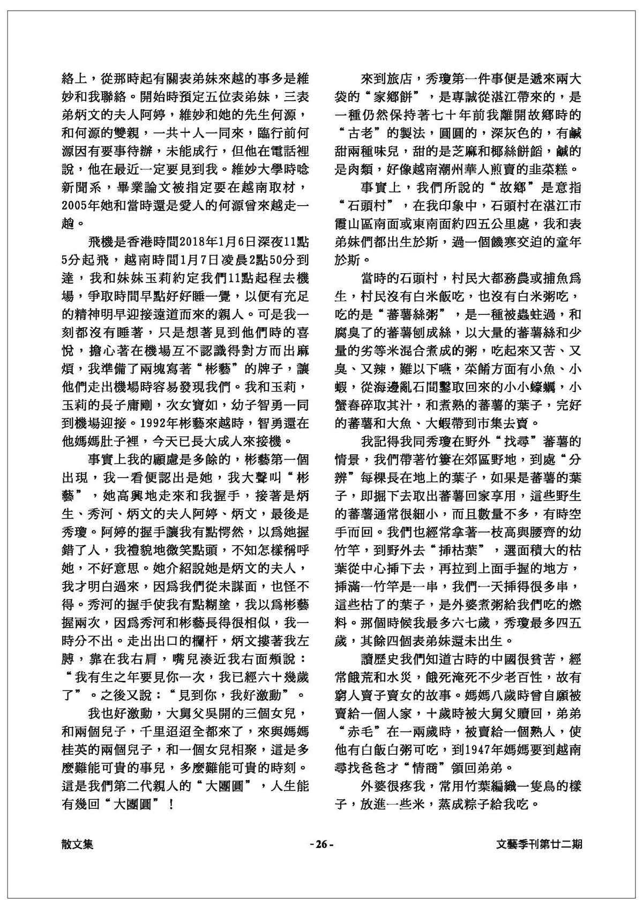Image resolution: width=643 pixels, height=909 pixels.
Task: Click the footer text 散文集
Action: click(x=78, y=844)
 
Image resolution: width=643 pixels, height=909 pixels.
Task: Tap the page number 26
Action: click(x=322, y=844)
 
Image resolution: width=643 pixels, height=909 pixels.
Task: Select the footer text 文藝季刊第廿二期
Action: click(x=540, y=844)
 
